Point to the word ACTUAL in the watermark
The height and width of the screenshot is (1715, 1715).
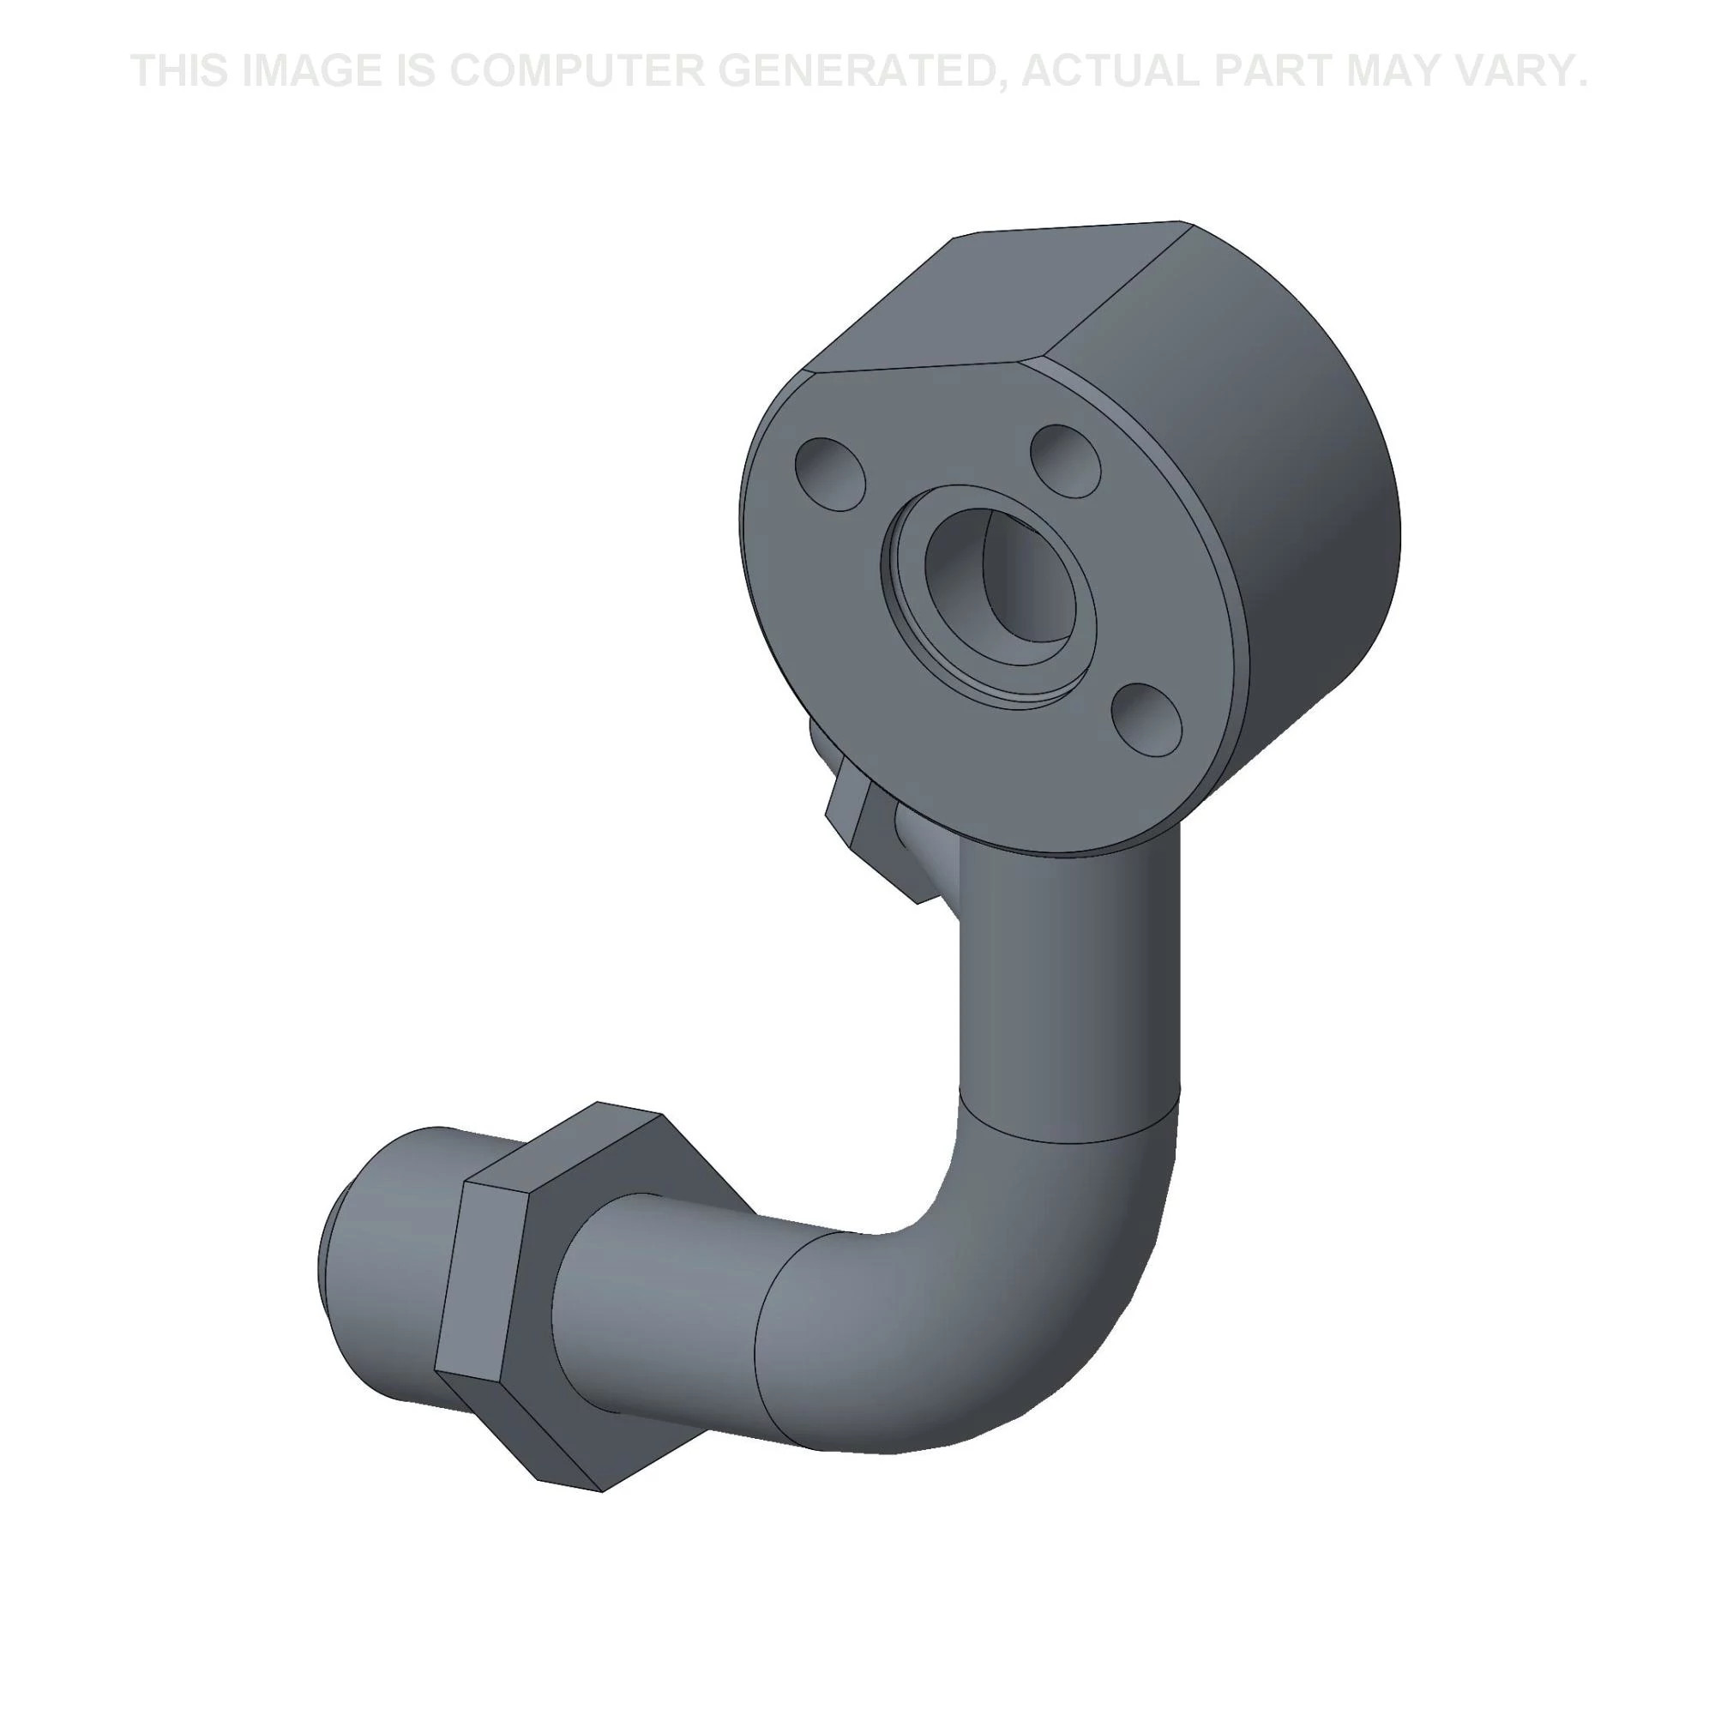click(x=1110, y=70)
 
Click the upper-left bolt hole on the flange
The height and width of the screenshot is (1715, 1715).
click(x=830, y=473)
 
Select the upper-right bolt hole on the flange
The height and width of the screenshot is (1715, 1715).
click(x=1065, y=460)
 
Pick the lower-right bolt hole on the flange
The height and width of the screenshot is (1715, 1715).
click(x=1146, y=719)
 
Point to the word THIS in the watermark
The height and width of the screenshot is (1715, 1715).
click(x=182, y=70)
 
